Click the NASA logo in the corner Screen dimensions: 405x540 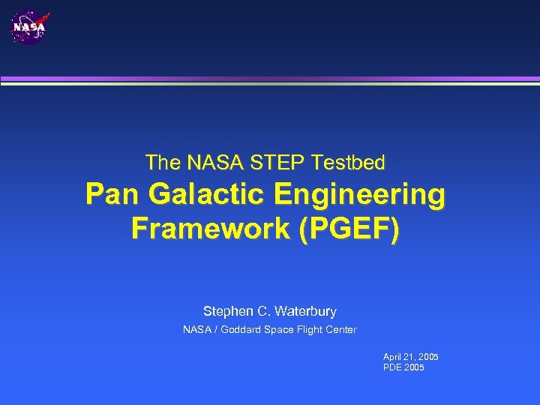(29, 27)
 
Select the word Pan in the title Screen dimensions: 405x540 (112, 194)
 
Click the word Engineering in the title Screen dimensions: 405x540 (359, 194)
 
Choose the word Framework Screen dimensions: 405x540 (211, 228)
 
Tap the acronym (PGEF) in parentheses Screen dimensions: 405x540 (349, 228)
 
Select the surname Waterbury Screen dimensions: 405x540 (307, 311)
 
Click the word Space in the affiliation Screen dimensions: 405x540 (277, 330)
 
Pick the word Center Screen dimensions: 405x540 (341, 330)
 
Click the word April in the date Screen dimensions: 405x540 (392, 357)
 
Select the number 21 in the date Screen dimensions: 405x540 (409, 357)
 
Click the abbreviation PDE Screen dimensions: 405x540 (392, 367)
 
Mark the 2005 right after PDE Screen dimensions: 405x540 (413, 367)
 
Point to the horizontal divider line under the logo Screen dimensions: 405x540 (270, 80)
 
